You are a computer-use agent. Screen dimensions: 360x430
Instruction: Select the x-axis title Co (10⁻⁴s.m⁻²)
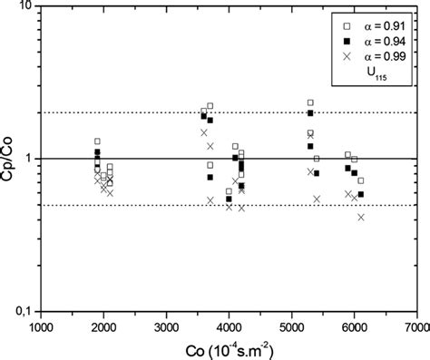(227, 349)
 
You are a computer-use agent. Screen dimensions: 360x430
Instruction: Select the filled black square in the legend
(346, 42)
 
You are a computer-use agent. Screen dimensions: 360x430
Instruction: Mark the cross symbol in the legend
(346, 57)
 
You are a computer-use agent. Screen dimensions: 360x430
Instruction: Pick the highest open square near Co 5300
(310, 103)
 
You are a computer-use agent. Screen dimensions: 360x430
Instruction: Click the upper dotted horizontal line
(227, 112)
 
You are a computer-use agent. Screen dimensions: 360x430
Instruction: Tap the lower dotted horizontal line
(227, 205)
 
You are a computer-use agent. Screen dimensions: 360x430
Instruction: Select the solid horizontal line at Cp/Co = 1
(227, 159)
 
